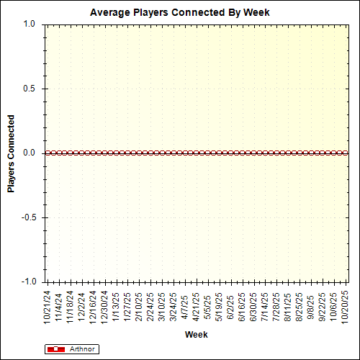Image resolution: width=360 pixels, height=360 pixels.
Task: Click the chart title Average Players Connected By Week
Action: [x=179, y=13]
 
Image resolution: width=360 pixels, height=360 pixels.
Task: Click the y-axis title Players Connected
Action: [x=11, y=153]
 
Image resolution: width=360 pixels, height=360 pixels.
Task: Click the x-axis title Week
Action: [x=196, y=335]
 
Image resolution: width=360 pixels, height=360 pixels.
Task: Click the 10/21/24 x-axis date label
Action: [x=48, y=305]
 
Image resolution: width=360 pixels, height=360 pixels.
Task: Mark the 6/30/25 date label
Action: [x=253, y=305]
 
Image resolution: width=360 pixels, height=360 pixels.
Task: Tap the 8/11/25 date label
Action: [x=287, y=305]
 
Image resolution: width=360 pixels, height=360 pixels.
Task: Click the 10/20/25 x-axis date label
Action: [x=344, y=305]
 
